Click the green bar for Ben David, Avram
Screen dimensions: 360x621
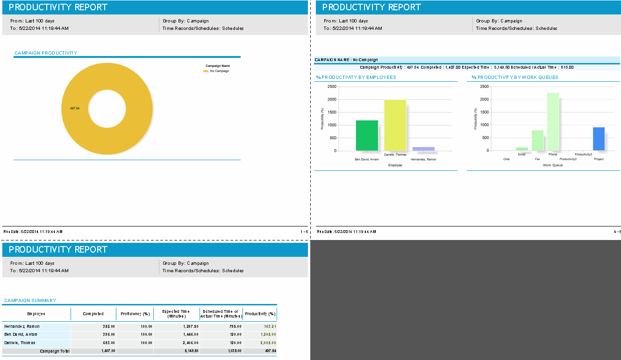(367, 135)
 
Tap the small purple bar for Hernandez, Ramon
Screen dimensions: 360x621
(423, 149)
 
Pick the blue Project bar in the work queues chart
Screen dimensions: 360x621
(599, 139)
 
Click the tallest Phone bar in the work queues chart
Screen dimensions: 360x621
(553, 121)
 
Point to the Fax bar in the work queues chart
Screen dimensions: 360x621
(537, 140)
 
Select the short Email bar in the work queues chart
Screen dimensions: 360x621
(522, 149)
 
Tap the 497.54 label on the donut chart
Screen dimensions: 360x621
(75, 108)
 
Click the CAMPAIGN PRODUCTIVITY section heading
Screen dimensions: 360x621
(46, 53)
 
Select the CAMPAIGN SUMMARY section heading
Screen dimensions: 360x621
(30, 301)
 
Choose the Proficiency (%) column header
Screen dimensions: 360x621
(135, 314)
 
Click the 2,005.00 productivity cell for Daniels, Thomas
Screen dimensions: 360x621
(267, 343)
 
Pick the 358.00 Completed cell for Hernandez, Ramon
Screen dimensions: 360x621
(108, 326)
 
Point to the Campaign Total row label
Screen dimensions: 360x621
(54, 351)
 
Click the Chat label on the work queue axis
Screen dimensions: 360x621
(507, 159)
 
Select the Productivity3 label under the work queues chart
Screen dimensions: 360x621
(583, 155)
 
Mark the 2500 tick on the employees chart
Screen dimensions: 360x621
(331, 86)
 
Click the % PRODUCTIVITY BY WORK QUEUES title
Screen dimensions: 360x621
(514, 78)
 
